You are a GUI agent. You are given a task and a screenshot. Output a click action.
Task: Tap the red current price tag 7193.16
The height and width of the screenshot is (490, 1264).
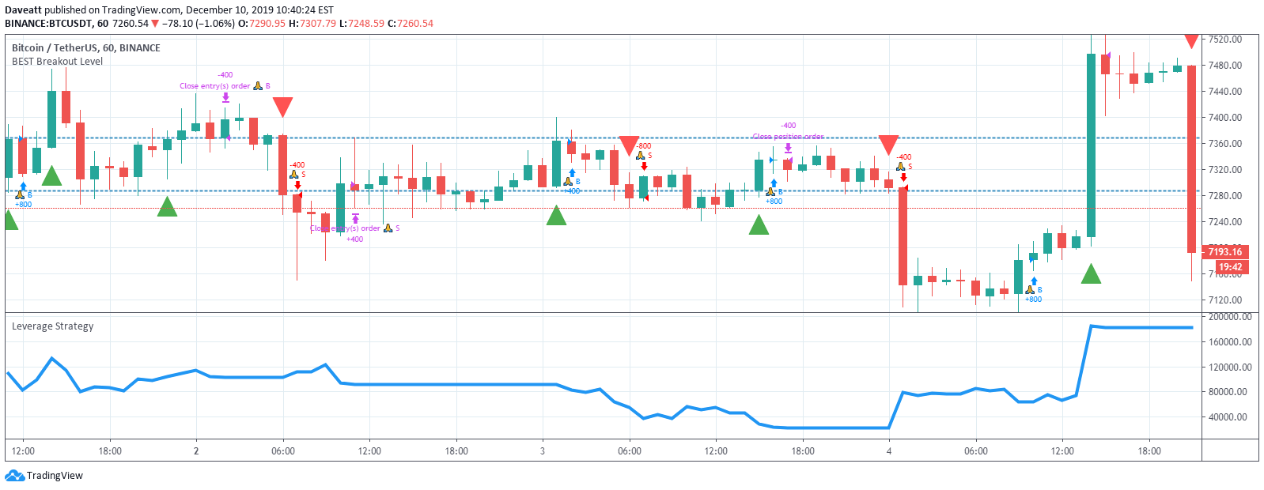[1225, 252]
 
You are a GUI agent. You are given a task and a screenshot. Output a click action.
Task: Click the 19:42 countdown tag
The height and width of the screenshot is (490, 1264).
[1230, 267]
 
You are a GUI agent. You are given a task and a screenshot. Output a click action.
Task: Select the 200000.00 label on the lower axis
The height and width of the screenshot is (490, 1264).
[1230, 317]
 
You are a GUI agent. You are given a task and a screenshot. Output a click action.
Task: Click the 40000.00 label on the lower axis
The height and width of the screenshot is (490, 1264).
[1230, 417]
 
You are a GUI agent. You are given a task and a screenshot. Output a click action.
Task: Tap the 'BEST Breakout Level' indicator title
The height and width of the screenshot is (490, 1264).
[57, 62]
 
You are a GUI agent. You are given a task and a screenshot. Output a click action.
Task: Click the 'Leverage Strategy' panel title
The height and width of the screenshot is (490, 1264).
[52, 326]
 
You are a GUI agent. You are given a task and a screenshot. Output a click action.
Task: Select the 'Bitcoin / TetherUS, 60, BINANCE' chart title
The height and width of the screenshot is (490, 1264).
[85, 48]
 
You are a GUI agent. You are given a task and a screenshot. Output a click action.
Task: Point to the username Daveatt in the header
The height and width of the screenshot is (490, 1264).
[23, 10]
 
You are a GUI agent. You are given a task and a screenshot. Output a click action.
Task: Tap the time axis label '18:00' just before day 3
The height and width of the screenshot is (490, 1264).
[456, 451]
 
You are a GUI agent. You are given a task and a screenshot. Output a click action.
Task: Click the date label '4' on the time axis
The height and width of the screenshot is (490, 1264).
[889, 451]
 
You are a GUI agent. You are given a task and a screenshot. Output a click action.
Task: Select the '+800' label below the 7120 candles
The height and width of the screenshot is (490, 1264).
[1033, 300]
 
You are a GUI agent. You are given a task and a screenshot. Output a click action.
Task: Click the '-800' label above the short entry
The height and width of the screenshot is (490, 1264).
[644, 146]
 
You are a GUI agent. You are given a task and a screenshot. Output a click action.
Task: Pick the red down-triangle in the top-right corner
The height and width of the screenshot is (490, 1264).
[1191, 40]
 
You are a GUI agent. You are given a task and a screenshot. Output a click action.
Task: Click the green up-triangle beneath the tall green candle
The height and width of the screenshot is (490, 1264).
[1091, 275]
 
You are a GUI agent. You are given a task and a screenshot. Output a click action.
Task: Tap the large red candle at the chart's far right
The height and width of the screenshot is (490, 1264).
[1191, 158]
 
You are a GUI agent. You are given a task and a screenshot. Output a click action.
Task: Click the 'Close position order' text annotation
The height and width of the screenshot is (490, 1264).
[788, 137]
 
